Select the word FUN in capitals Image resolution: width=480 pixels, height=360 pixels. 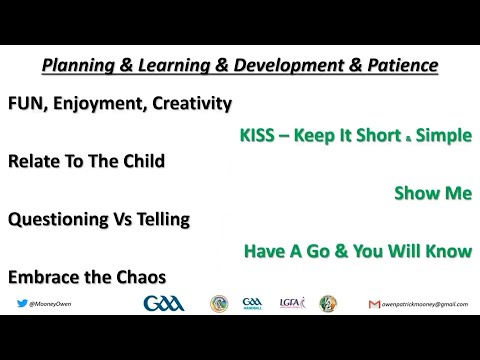[27, 103]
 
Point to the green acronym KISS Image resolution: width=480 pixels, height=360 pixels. [261, 135]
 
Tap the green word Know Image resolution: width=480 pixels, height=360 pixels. [446, 254]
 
